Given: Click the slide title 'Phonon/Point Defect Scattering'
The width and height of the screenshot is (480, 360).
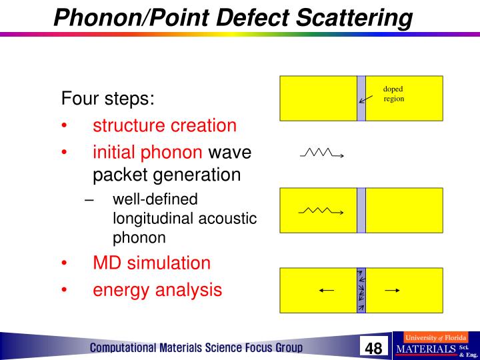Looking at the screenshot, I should click(x=233, y=17).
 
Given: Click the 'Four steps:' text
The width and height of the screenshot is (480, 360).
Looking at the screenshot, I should click(x=108, y=99).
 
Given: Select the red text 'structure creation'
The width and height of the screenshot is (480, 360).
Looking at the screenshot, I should click(x=164, y=125).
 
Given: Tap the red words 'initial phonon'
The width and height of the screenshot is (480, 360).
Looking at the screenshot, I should click(x=147, y=153).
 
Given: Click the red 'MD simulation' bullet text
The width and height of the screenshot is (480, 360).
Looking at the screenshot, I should click(x=151, y=263).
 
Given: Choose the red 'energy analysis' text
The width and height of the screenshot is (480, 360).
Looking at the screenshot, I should click(x=157, y=289).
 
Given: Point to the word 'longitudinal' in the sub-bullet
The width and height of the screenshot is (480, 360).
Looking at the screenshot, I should click(x=153, y=219).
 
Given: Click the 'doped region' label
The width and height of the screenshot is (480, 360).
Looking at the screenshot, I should click(x=393, y=94).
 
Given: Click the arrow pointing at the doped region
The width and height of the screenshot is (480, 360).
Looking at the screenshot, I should click(x=365, y=98).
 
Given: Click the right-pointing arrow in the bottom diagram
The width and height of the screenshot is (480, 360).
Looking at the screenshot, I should click(x=392, y=290).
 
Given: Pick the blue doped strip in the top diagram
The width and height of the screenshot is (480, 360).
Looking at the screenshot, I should click(x=361, y=98).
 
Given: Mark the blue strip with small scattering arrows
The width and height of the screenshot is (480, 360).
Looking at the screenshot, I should click(x=361, y=290).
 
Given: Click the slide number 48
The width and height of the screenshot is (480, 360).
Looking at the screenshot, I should click(x=373, y=348).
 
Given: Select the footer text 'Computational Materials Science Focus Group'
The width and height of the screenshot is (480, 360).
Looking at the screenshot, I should click(x=197, y=348).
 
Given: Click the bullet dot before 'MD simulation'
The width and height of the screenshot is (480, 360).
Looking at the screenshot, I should click(x=64, y=263).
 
